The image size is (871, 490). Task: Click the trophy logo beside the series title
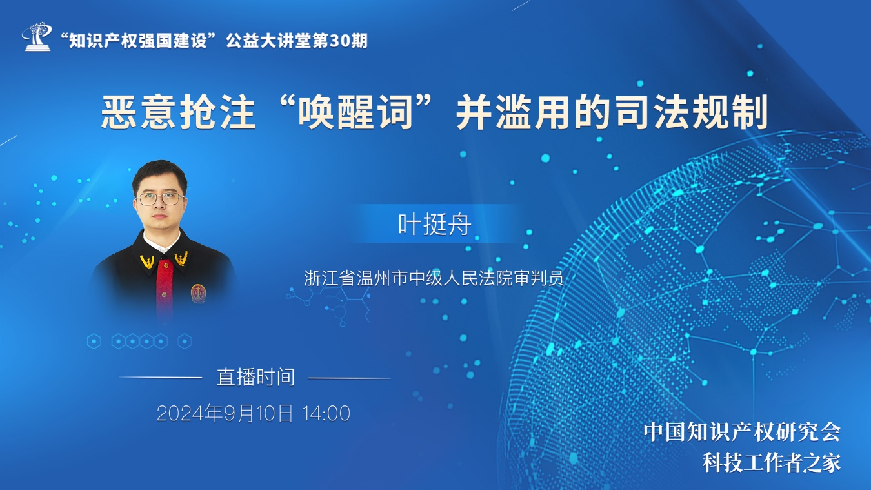(37, 37)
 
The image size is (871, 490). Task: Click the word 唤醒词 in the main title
(355, 112)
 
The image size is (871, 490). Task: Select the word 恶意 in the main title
(139, 112)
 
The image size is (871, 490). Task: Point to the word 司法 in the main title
(652, 112)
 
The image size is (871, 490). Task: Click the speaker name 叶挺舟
(435, 224)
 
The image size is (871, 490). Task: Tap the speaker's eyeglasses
(160, 199)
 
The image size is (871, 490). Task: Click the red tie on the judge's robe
(165, 288)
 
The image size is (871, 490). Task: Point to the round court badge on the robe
(198, 293)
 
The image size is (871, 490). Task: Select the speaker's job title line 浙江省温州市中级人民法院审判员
(434, 278)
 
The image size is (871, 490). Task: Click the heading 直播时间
(255, 377)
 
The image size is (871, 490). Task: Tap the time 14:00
(326, 413)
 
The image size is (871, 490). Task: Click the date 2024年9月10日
(225, 413)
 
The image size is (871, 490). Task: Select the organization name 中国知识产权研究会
(742, 432)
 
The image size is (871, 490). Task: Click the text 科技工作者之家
(772, 463)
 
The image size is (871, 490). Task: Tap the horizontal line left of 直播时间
(160, 377)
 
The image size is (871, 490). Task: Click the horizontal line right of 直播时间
(349, 378)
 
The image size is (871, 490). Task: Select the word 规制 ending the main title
(730, 112)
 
